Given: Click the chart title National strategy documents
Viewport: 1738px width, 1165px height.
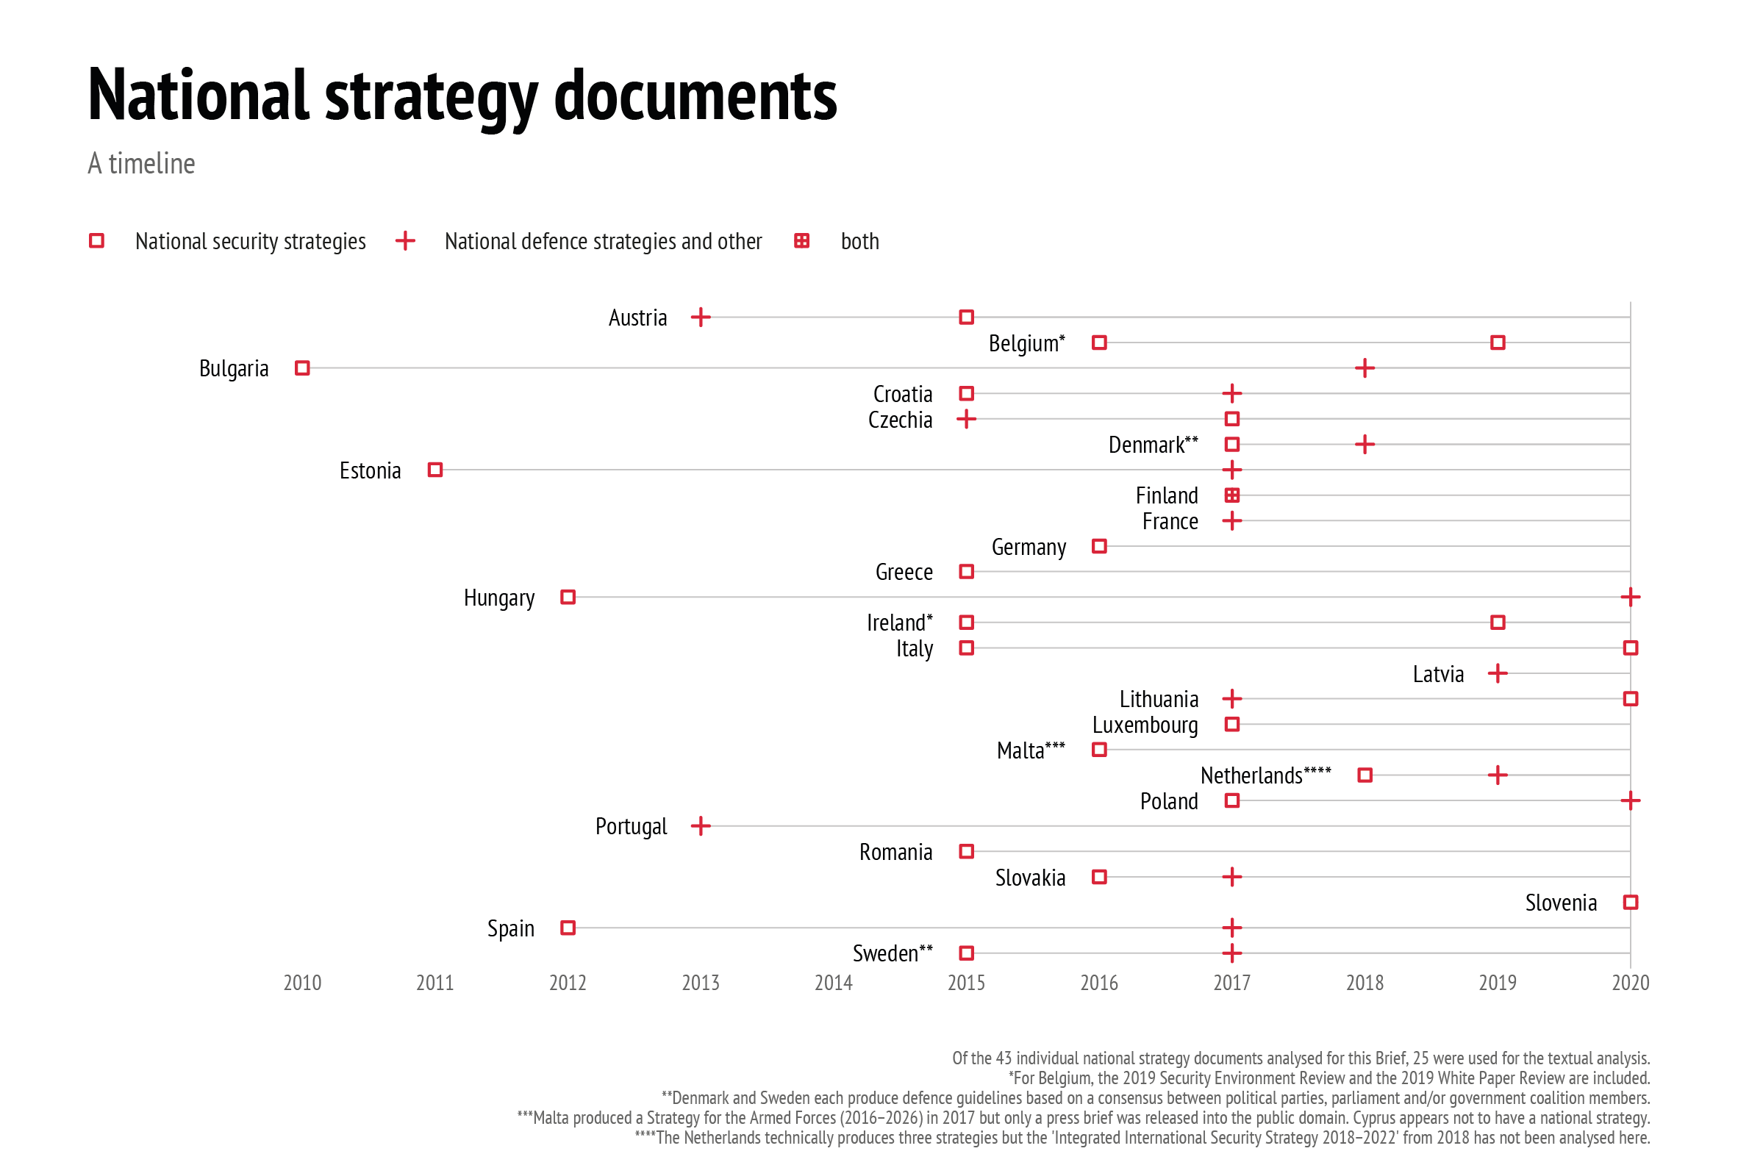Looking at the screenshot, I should coord(462,96).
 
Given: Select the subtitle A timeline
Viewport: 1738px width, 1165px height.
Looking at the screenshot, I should coord(141,164).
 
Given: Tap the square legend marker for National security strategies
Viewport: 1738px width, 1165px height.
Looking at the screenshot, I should coord(96,241).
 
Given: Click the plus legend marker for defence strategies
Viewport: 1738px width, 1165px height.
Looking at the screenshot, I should coord(405,241).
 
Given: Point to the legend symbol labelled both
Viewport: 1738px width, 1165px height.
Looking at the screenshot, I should coord(801,241).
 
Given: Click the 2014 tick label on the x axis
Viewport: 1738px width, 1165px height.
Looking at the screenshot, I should coord(833,983).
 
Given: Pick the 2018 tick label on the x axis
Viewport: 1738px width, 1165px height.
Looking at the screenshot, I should coord(1365,983).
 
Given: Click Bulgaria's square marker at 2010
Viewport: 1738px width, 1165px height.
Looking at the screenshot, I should coord(301,368).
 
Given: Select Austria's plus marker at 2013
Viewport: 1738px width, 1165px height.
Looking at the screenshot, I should coord(700,318).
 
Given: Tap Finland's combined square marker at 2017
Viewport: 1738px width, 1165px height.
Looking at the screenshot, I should coord(1231,495).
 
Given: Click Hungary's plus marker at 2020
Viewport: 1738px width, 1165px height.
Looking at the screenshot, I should coord(1629,598).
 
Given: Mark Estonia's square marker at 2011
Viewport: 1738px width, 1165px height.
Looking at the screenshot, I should coord(434,470).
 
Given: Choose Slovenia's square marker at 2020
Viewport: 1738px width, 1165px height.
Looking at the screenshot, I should coord(1629,903).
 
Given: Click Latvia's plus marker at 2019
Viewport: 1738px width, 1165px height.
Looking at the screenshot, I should coord(1498,674).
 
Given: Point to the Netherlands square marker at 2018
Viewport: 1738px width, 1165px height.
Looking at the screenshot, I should coord(1365,775).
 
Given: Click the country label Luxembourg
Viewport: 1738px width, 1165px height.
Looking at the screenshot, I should coord(1144,725).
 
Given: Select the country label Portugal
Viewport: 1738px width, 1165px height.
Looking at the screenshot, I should coord(631,827).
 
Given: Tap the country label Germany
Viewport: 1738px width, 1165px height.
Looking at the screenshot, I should coord(1029,548).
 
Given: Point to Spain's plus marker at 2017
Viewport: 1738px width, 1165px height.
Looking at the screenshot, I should coord(1231,928).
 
